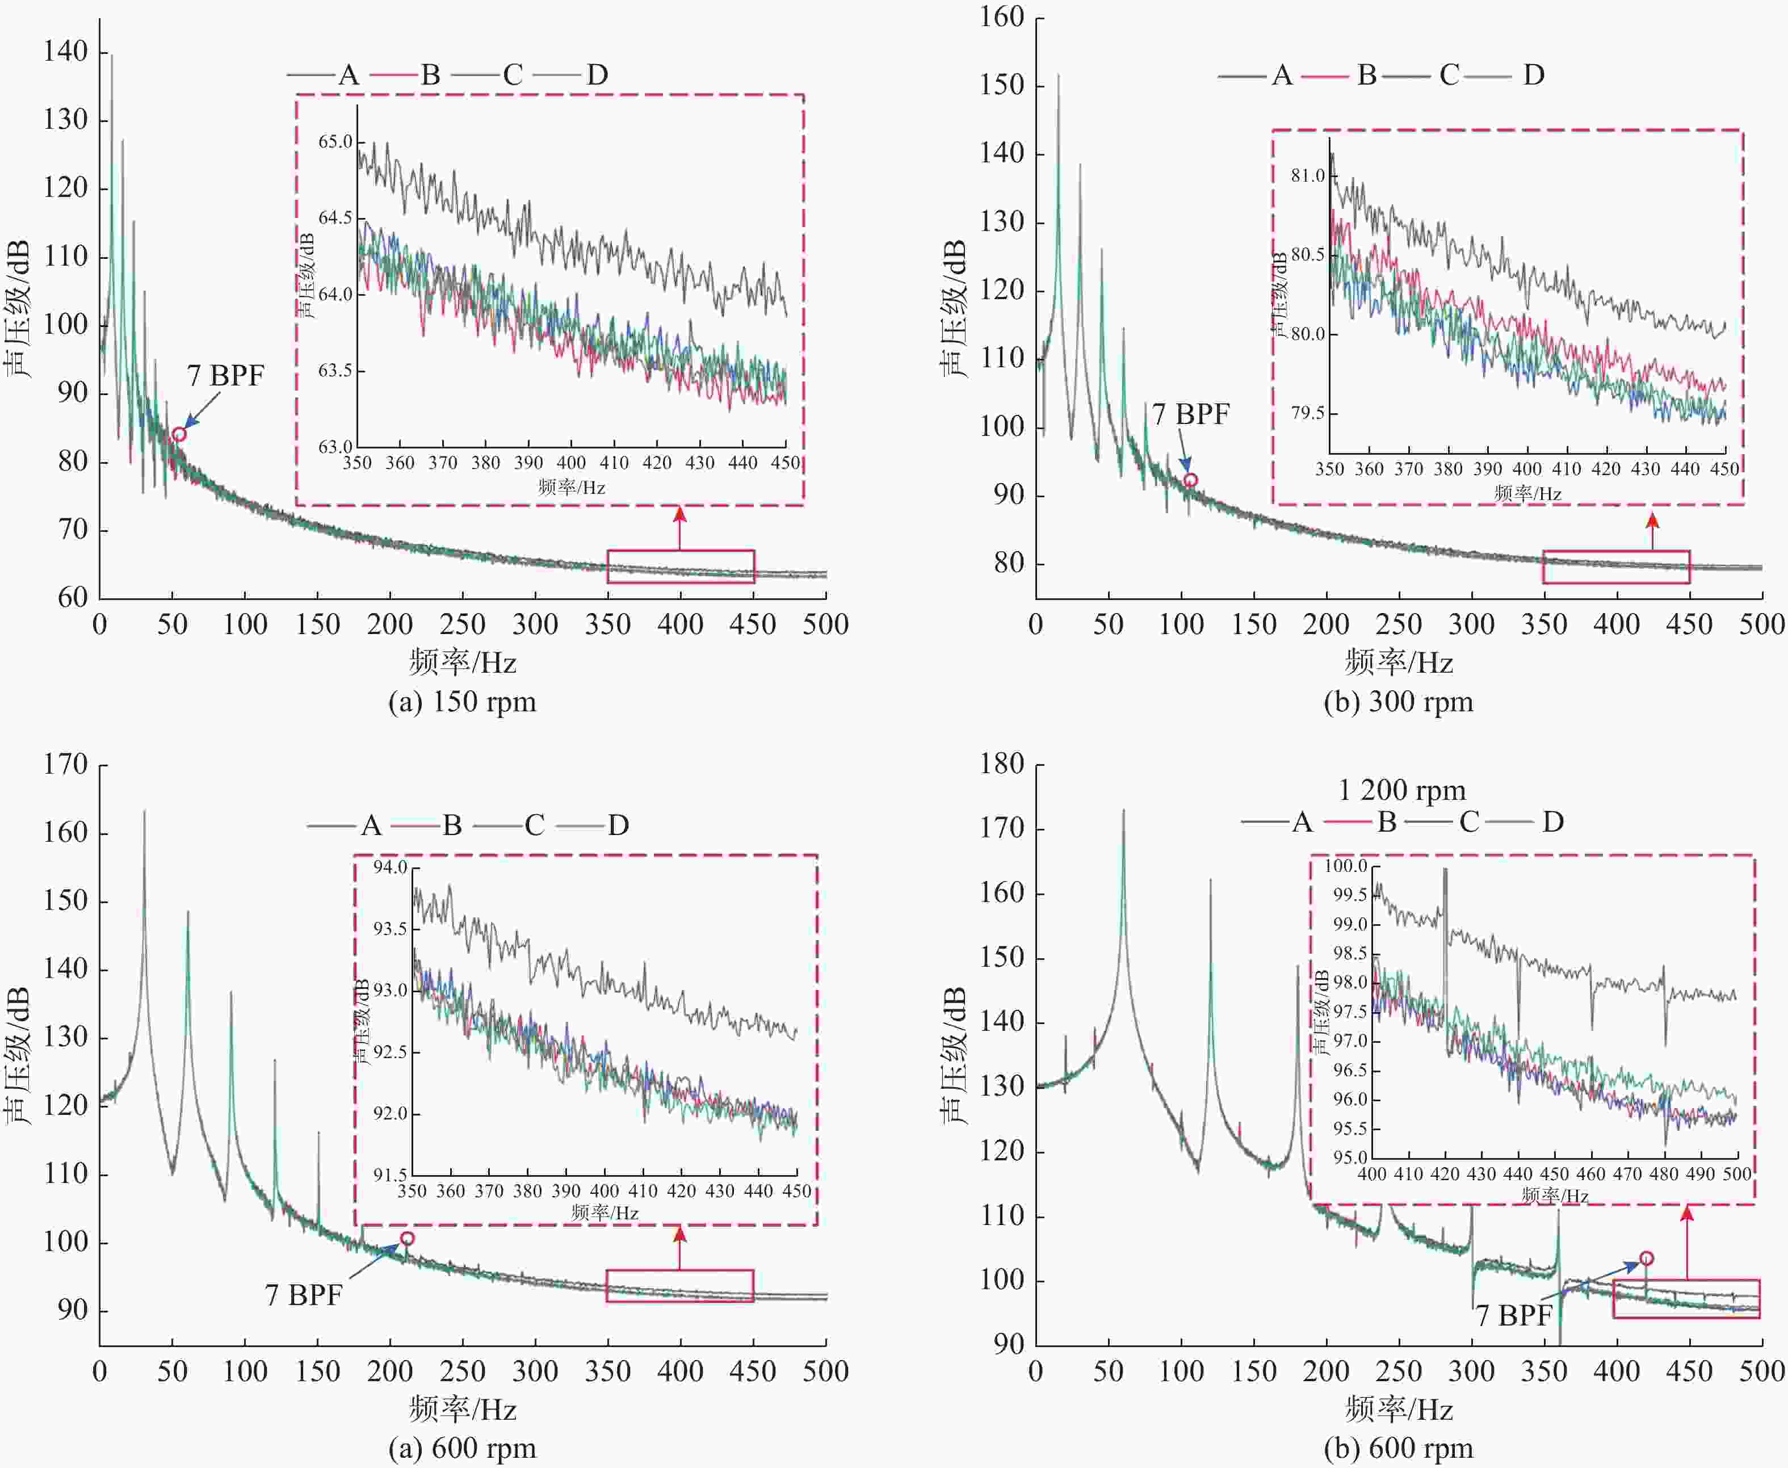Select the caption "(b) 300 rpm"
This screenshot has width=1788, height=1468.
coord(1398,702)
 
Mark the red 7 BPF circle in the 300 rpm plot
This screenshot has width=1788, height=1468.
coord(1190,480)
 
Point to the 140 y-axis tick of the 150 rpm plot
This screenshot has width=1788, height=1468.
coord(66,52)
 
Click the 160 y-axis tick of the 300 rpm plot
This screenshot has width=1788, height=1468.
coord(1002,17)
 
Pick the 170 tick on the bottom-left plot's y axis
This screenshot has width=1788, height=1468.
coord(66,765)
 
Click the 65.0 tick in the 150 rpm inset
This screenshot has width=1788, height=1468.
coord(335,141)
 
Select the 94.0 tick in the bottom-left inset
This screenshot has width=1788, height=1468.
coord(391,867)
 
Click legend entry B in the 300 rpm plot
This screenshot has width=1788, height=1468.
coord(1366,76)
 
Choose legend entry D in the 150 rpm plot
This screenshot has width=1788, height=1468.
coord(597,76)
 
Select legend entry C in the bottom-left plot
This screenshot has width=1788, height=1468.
coord(534,825)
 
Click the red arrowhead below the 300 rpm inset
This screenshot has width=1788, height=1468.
coord(1653,519)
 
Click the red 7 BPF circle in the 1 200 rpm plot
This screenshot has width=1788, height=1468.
coord(1646,1259)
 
